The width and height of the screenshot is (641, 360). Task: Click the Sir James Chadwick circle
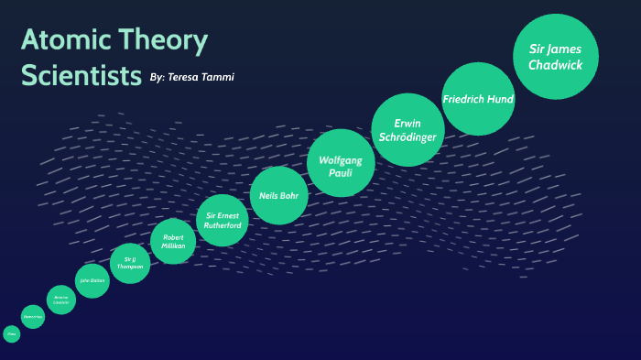click(x=556, y=57)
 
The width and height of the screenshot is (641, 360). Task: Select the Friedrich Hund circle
click(x=478, y=99)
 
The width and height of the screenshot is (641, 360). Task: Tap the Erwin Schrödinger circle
click(x=407, y=130)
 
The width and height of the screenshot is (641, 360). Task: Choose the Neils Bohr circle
click(x=278, y=195)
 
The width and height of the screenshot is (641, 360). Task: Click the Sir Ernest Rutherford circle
click(x=223, y=220)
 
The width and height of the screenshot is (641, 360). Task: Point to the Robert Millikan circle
click(x=173, y=243)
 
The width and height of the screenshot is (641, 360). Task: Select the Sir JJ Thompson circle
click(x=130, y=263)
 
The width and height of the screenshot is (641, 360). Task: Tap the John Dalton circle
click(x=92, y=281)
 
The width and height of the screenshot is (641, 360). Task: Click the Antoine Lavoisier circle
click(x=61, y=300)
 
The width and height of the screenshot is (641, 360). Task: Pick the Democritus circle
click(x=33, y=317)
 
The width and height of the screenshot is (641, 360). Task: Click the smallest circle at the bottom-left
click(x=12, y=334)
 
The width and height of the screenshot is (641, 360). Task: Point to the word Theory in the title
click(x=161, y=41)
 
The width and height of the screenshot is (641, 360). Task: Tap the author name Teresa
click(x=190, y=77)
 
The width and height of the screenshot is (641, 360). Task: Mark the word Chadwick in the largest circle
click(x=556, y=65)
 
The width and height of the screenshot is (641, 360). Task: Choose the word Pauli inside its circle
click(x=341, y=173)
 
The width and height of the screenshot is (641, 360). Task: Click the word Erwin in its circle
click(x=407, y=122)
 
